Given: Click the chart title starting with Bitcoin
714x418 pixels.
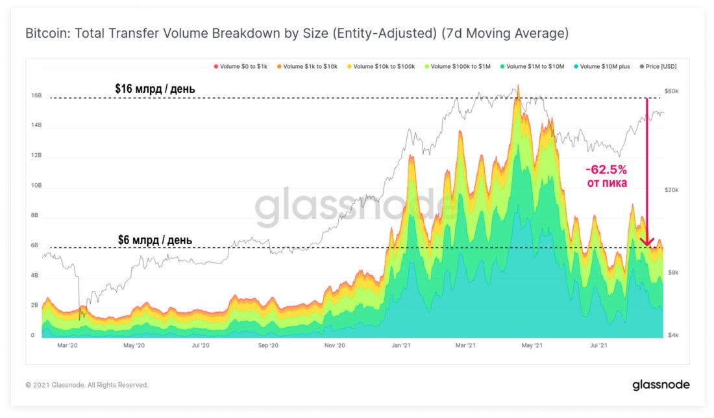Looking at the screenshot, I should pos(297,33).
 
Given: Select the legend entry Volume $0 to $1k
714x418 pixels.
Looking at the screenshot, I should pos(241,66).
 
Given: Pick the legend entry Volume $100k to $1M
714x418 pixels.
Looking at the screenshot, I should pos(460,66).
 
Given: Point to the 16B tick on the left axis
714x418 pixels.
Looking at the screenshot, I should pos(36,95).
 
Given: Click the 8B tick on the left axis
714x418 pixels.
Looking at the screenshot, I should pos(35,215).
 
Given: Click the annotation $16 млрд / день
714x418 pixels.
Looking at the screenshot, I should pos(154,88).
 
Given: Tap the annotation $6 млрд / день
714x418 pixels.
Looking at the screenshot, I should pos(154,240).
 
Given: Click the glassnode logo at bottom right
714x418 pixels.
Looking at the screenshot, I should pos(661,385).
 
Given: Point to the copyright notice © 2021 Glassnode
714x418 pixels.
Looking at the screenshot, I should pos(86,385).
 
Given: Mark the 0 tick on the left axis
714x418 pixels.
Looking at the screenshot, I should pos(32,336).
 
